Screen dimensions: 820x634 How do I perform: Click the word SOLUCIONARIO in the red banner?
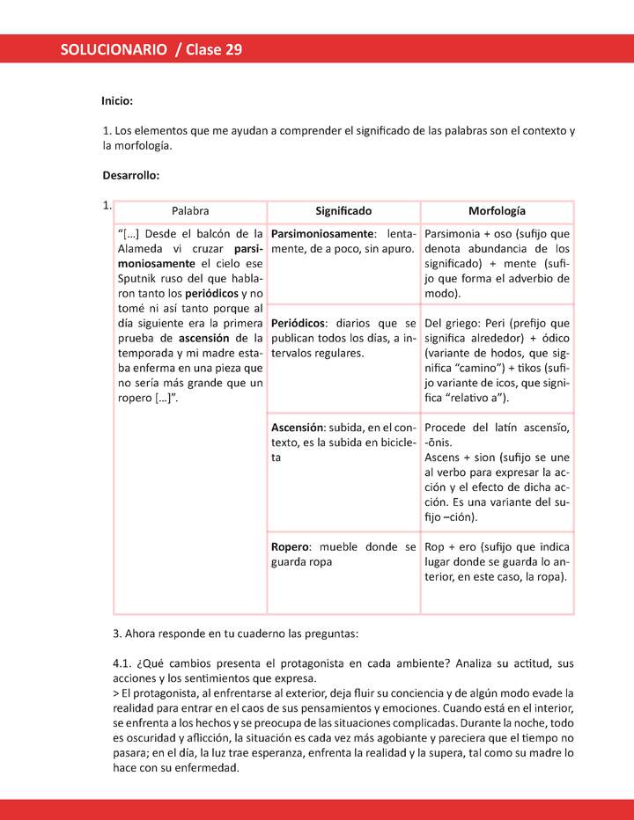(x=114, y=50)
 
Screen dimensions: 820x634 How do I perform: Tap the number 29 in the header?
(x=233, y=50)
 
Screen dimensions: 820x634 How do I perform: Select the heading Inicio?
(x=117, y=102)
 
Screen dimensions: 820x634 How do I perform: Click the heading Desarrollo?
(x=130, y=175)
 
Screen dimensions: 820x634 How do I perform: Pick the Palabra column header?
(x=190, y=211)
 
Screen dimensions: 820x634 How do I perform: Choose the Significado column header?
(x=343, y=211)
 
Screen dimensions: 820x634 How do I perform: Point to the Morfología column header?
(x=497, y=211)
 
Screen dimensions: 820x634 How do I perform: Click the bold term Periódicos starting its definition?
(x=299, y=323)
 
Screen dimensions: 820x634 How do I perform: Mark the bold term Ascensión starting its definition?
(x=300, y=428)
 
